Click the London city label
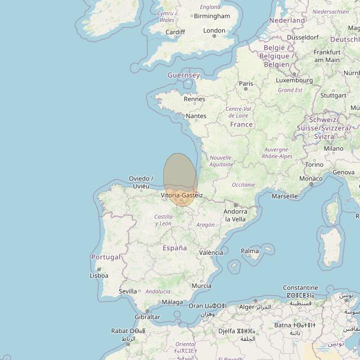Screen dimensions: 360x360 (214, 31)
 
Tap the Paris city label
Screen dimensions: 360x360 (246, 84)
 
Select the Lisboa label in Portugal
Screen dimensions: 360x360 (99, 276)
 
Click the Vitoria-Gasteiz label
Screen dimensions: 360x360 (181, 195)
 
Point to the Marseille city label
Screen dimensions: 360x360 (285, 196)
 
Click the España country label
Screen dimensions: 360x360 (174, 248)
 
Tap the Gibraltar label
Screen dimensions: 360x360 (147, 317)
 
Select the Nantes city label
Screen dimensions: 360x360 (196, 116)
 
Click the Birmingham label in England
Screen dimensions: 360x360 (211, 16)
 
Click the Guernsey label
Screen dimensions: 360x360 (183, 75)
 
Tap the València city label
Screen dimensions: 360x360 (211, 253)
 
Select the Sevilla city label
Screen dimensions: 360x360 (128, 291)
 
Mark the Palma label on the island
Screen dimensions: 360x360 (250, 251)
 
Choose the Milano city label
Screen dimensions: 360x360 (334, 148)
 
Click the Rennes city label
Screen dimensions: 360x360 (195, 99)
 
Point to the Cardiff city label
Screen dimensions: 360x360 (175, 32)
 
